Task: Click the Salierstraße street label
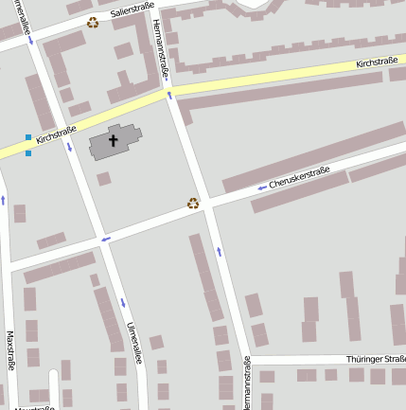tap(131, 11)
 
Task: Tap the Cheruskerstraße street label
tap(299, 177)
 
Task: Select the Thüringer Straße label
tap(376, 359)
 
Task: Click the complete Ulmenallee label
tap(134, 343)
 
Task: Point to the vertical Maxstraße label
tap(10, 350)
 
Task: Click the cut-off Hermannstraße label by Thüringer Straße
tap(247, 383)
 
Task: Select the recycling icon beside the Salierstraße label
tap(93, 22)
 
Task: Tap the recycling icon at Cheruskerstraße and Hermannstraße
tap(193, 203)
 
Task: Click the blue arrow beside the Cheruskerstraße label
tap(261, 187)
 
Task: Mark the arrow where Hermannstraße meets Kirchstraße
tap(169, 94)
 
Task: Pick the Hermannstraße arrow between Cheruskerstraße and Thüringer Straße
tap(220, 251)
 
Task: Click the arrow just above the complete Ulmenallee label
tap(122, 303)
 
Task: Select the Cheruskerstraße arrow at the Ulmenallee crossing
tap(106, 238)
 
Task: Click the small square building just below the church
tap(103, 178)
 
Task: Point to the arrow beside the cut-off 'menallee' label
tap(31, 41)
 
